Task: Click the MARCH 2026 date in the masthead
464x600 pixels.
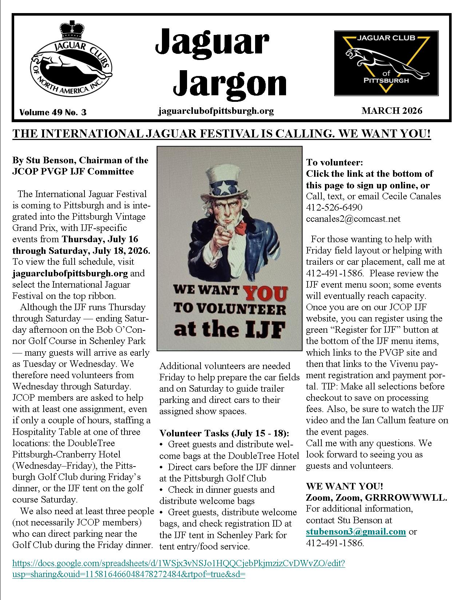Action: [392, 111]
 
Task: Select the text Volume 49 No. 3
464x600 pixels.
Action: [53, 112]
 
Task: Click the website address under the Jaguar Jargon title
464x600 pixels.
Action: [216, 111]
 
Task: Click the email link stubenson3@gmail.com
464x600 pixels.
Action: [356, 531]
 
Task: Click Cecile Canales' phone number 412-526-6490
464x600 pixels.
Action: [334, 207]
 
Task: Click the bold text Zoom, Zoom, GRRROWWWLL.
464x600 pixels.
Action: [376, 497]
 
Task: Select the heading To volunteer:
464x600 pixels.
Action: [334, 162]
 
